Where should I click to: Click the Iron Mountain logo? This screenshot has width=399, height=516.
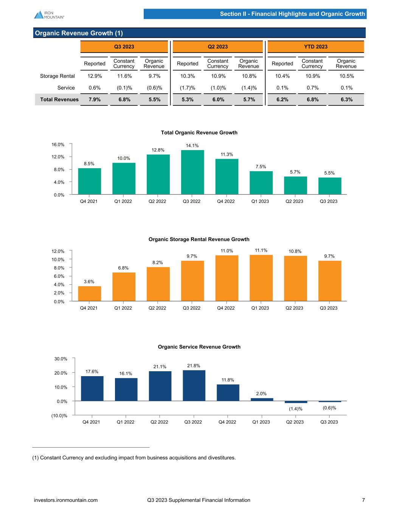point(49,14)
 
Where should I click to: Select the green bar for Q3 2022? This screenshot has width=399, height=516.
point(192,172)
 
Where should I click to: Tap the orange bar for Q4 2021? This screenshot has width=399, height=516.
point(89,294)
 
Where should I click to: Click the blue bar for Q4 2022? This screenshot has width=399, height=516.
point(228,393)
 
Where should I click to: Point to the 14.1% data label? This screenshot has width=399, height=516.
point(192,146)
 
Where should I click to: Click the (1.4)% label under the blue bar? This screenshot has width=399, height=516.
point(296,409)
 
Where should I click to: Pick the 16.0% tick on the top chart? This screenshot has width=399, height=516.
point(58,144)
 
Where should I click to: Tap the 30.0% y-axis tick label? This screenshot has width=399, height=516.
point(59,359)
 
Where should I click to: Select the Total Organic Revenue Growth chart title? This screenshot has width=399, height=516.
point(199,133)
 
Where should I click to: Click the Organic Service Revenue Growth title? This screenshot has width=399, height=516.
point(199,347)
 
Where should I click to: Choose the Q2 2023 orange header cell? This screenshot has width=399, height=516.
point(217,47)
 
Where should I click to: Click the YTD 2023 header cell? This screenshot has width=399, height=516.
point(315,47)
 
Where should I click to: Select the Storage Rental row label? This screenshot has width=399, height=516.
point(57,76)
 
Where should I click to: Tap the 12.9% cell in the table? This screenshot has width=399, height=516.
point(95,76)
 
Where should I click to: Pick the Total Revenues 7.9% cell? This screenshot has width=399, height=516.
point(95,99)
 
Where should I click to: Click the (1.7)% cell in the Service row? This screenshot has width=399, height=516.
point(188,88)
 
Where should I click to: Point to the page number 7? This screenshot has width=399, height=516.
point(363,500)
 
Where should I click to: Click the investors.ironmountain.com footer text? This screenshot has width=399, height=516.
point(66,500)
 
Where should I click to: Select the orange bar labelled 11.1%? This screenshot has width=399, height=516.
point(261,278)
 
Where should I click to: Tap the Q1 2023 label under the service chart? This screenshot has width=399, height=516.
point(261,422)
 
